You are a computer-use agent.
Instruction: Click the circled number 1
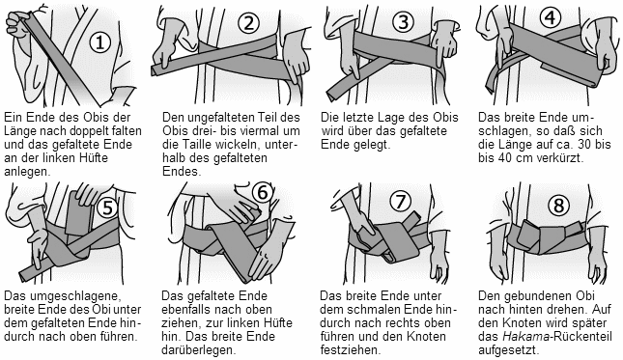click(x=99, y=42)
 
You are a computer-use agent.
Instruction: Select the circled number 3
click(x=404, y=21)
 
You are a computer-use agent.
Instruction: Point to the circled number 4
click(x=551, y=18)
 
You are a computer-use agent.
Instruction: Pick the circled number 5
click(x=107, y=208)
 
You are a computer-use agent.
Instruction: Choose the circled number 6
click(x=263, y=192)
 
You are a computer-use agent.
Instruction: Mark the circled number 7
click(x=400, y=202)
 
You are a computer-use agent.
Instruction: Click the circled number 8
click(x=558, y=206)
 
